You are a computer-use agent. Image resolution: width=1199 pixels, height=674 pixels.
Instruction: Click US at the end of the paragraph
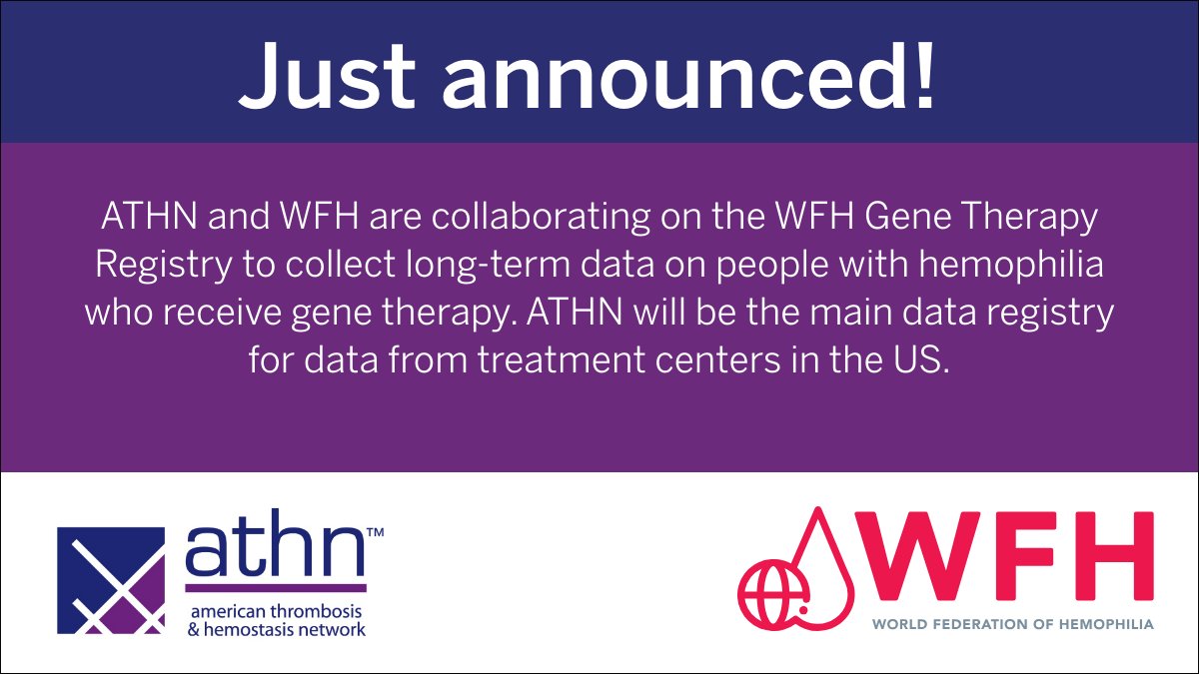919,359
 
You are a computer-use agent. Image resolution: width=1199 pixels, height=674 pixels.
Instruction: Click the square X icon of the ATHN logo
111,580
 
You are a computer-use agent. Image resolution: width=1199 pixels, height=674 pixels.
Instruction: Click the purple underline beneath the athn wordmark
276,588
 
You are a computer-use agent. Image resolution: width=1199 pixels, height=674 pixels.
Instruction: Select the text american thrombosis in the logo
276,610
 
